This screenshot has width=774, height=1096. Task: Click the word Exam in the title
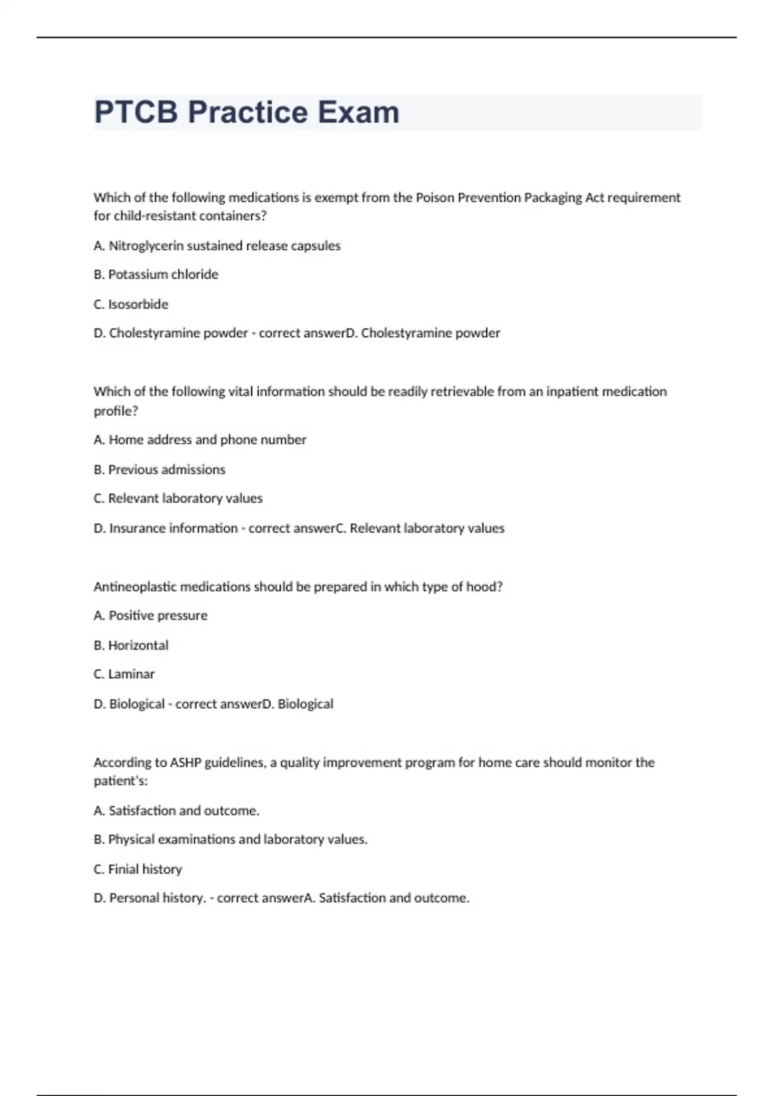tap(359, 112)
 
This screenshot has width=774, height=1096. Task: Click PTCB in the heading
tap(135, 112)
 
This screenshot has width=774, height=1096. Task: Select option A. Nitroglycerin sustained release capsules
tap(217, 246)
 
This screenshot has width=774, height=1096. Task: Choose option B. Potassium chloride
tap(155, 275)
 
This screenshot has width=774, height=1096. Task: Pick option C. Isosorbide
tap(131, 304)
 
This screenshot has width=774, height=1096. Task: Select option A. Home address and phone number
tap(200, 440)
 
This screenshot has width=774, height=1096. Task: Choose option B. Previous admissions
tap(159, 469)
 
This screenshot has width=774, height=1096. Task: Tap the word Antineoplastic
tap(135, 587)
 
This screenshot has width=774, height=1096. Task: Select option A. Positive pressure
tap(150, 616)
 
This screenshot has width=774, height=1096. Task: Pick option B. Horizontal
tap(131, 645)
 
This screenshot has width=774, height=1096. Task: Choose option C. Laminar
tap(124, 674)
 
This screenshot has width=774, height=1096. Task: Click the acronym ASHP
tap(186, 763)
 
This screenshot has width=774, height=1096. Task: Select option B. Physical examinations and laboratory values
tap(230, 839)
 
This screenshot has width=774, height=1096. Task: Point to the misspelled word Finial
tap(123, 869)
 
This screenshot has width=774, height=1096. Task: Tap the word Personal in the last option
tap(134, 898)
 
